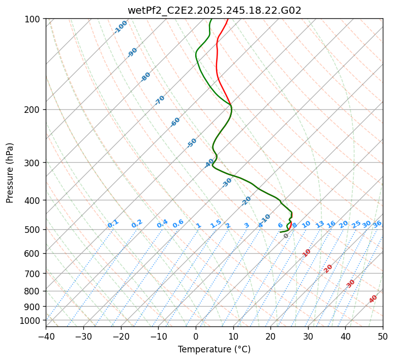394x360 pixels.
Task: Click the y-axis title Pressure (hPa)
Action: pyautogui.click(x=10, y=172)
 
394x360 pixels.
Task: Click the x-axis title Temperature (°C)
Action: pyautogui.click(x=214, y=350)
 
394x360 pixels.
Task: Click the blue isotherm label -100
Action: pyautogui.click(x=120, y=27)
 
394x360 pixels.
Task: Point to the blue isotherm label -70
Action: pyautogui.click(x=160, y=100)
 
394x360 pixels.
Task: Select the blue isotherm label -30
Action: pyautogui.click(x=227, y=183)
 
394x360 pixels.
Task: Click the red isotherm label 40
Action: pyautogui.click(x=373, y=299)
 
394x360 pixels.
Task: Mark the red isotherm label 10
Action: pyautogui.click(x=307, y=253)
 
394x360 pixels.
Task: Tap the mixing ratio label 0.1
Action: pyautogui.click(x=113, y=224)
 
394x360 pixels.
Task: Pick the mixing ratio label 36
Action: pyautogui.click(x=377, y=224)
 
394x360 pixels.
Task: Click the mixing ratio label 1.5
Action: pyautogui.click(x=216, y=224)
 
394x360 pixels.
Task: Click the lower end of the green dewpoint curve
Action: pyautogui.click(x=280, y=232)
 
